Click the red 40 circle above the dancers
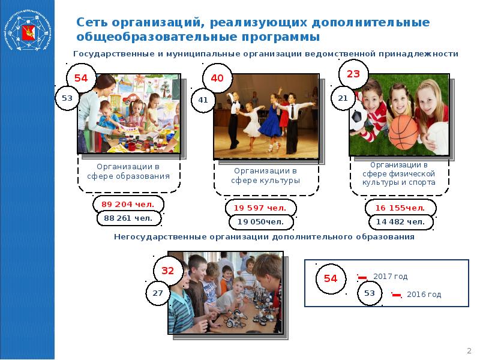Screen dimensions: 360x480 (x=217, y=79)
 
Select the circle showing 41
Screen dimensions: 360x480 (x=203, y=100)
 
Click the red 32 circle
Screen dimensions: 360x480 (x=167, y=271)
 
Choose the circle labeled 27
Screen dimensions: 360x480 (x=157, y=293)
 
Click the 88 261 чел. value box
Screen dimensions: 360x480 (x=128, y=219)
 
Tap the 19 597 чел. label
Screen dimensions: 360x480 (x=260, y=208)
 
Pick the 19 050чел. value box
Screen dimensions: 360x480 (x=260, y=222)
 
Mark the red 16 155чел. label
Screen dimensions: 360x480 (x=400, y=208)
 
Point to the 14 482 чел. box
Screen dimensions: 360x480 (x=400, y=222)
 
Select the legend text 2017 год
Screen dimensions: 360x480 (x=390, y=277)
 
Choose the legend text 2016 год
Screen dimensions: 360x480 (x=424, y=295)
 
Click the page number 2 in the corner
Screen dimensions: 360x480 (x=469, y=350)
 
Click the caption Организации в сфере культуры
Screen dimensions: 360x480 (x=266, y=175)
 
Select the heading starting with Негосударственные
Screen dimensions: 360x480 (x=264, y=237)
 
